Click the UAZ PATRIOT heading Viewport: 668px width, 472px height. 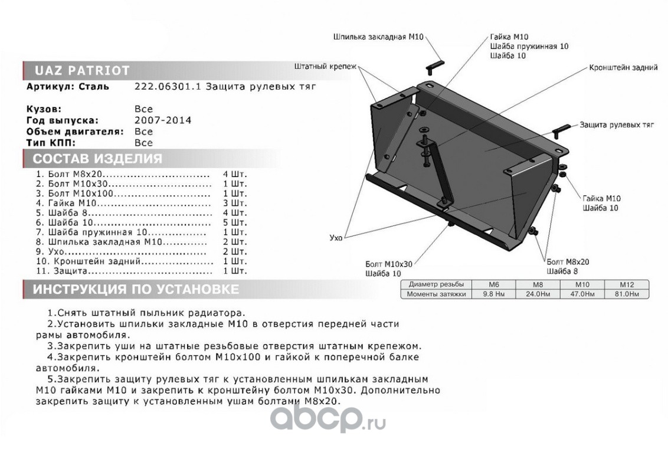click(81, 70)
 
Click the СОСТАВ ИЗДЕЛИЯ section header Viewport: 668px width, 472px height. click(97, 159)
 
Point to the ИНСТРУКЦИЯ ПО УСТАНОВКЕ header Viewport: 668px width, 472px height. click(136, 290)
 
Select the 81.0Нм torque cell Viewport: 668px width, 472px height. click(626, 293)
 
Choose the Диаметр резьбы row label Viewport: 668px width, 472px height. click(435, 284)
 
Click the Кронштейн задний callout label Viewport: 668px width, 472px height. click(623, 68)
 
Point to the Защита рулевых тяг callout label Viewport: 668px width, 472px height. click(617, 126)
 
